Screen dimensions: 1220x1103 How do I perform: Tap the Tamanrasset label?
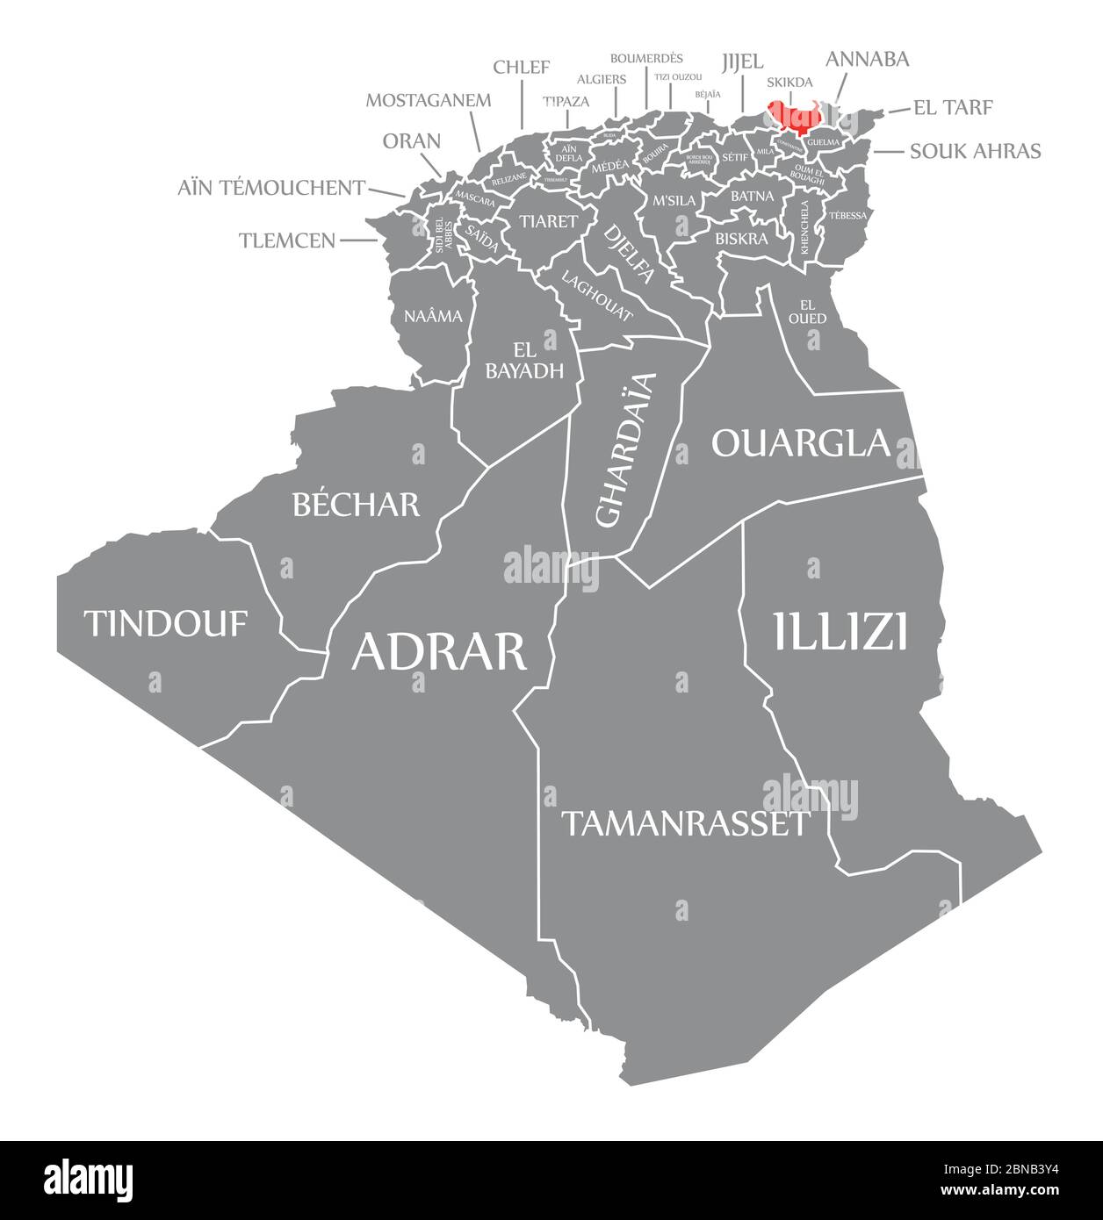pos(684,823)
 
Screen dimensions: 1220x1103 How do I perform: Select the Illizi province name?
pos(840,632)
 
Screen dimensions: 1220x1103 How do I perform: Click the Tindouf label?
pos(166,624)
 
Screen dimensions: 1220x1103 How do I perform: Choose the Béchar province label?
pos(356,504)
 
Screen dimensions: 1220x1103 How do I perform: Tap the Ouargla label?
pos(800,443)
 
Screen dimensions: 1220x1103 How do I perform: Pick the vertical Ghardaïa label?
pos(625,449)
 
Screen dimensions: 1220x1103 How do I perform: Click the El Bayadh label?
pos(524,361)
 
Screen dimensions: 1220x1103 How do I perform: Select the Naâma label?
pos(433,315)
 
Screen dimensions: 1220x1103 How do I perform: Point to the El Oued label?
pos(807,311)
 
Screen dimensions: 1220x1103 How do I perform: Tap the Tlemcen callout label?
pos(287,240)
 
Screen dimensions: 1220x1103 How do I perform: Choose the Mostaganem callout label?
pos(428,100)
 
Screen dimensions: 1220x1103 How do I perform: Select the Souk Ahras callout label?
pos(975,151)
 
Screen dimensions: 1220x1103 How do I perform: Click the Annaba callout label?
pos(867,59)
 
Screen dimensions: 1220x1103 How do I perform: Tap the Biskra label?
pos(741,238)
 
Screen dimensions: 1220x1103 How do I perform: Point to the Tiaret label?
pos(548,220)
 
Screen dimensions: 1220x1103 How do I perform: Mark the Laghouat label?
pos(597,298)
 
